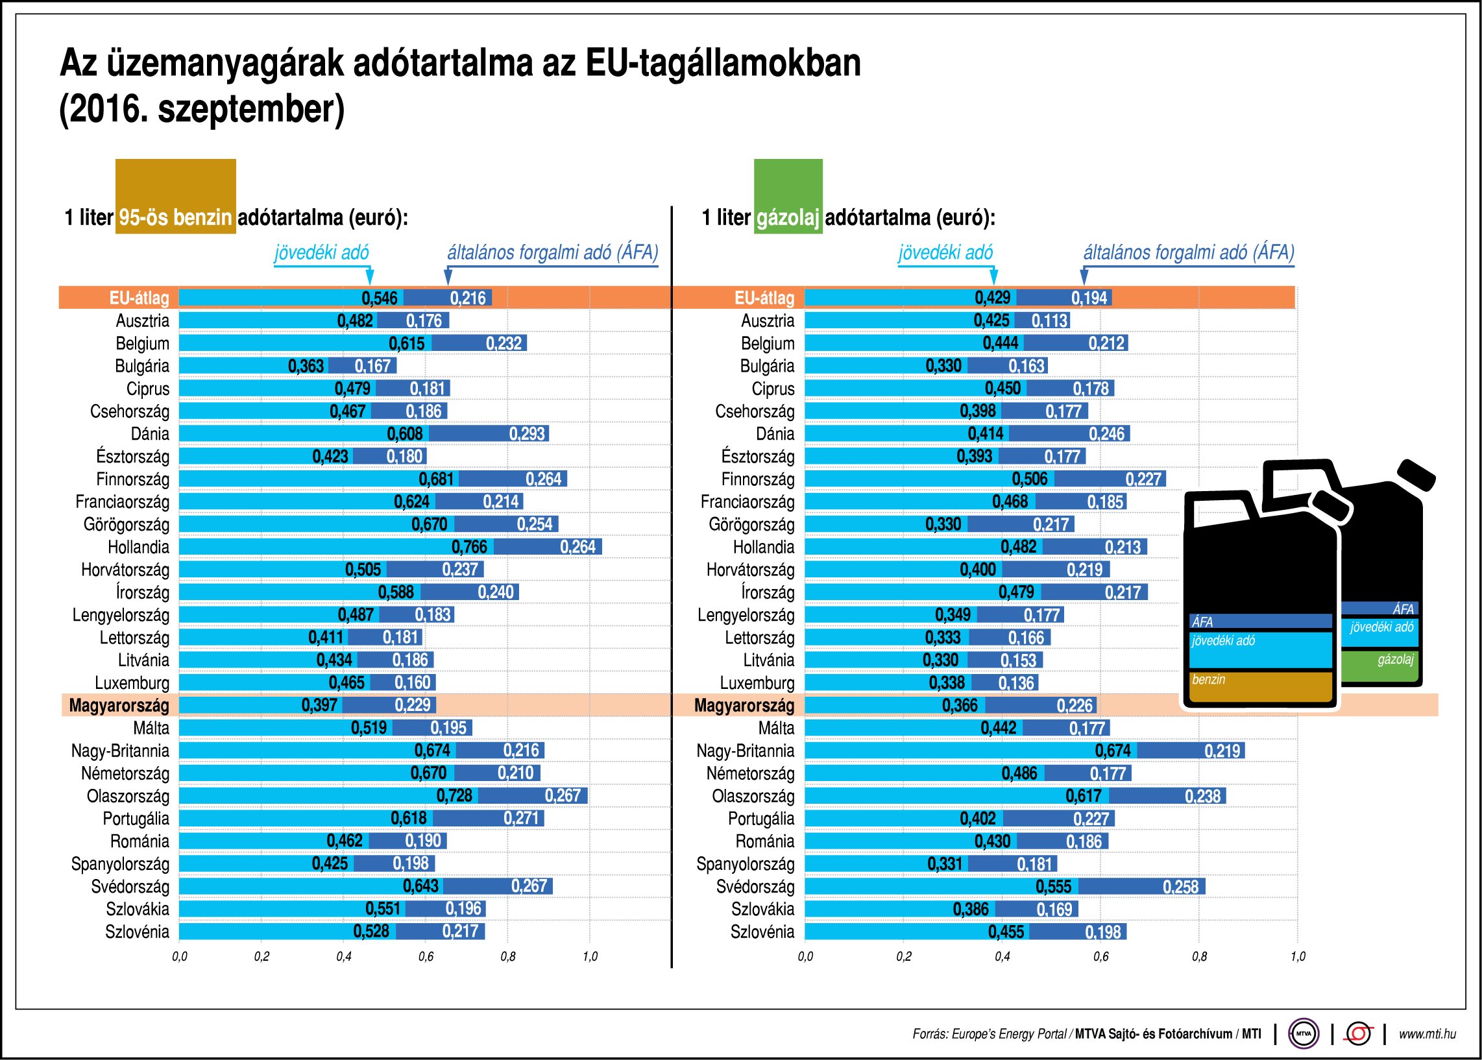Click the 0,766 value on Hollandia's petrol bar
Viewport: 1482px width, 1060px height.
tap(468, 547)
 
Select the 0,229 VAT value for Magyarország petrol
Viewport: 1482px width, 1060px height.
tap(413, 706)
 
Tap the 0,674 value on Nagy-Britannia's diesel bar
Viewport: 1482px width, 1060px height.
tap(1113, 751)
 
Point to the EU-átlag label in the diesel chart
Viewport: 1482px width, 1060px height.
tap(764, 298)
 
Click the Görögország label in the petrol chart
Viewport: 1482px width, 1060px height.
tap(126, 525)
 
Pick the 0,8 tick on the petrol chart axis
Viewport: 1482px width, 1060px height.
tap(507, 957)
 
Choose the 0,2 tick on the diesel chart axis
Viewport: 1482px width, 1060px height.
tap(904, 957)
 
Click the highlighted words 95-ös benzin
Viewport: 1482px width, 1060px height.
tap(175, 217)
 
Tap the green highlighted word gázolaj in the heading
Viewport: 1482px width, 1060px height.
tap(787, 217)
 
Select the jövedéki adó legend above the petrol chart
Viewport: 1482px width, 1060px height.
tap(321, 252)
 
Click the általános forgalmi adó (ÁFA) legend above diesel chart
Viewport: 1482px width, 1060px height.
tap(1188, 252)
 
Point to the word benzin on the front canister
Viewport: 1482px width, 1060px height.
tap(1208, 679)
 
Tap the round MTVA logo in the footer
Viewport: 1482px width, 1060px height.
tap(1303, 1033)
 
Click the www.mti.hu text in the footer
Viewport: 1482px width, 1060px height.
tap(1427, 1034)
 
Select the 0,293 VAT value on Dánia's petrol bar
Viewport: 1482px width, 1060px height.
tap(527, 434)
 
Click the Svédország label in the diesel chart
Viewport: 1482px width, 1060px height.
tap(755, 887)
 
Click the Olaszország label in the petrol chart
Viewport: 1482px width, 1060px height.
tap(127, 797)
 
